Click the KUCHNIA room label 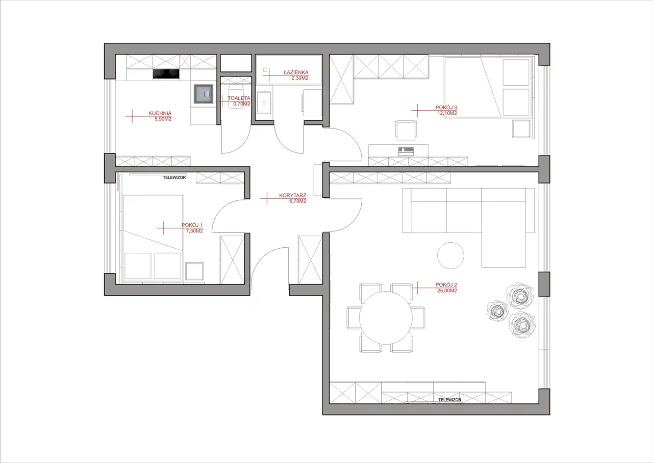pos(160,113)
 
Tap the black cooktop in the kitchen pos(166,74)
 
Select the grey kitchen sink pos(204,94)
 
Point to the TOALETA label pos(239,98)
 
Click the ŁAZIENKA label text pos(296,72)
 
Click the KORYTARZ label pos(292,195)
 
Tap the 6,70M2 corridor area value pos(297,201)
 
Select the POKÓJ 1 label pos(192,225)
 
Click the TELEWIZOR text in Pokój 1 pos(174,177)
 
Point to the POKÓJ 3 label pos(446,108)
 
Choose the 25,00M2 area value pos(447,291)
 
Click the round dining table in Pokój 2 pos(386,318)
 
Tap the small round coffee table pos(450,255)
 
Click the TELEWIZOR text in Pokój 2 pos(450,400)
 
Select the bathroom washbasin pos(264,103)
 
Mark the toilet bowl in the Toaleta pos(236,96)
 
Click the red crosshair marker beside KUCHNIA pos(132,116)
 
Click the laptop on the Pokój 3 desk pos(406,151)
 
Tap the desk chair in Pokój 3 pos(406,130)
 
